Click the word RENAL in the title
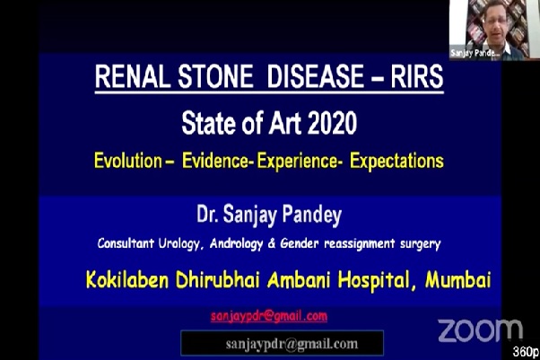(133, 76)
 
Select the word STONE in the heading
(215, 76)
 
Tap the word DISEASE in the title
(315, 76)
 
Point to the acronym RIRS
(417, 76)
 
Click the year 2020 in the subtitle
(332, 123)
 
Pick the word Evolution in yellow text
(128, 161)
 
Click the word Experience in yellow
(297, 162)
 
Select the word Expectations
(396, 162)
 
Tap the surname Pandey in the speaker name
(312, 215)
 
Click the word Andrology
(236, 244)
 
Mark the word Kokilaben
(127, 280)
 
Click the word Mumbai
(458, 280)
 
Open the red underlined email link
(269, 316)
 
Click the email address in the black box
(292, 344)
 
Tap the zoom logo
(481, 330)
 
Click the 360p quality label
(526, 352)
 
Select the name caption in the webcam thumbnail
(475, 53)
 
